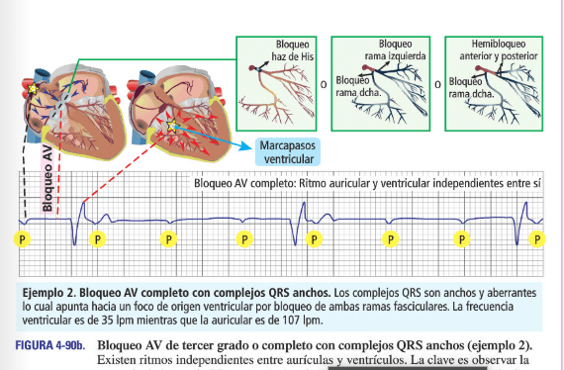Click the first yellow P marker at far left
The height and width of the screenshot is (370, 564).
pyautogui.click(x=23, y=238)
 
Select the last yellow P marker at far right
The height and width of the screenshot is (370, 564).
pyautogui.click(x=537, y=238)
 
